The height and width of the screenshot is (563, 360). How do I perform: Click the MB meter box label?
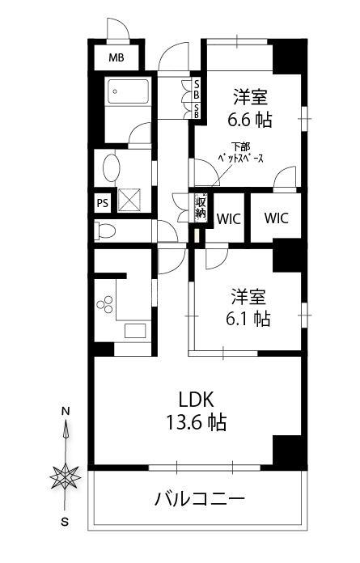pyautogui.click(x=116, y=57)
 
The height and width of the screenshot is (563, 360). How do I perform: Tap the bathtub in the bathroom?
pyautogui.click(x=128, y=91)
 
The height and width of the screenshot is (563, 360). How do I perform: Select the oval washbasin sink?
pyautogui.click(x=110, y=168)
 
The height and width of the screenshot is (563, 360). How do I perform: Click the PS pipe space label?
pyautogui.click(x=103, y=203)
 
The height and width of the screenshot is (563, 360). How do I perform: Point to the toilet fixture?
pyautogui.click(x=104, y=231)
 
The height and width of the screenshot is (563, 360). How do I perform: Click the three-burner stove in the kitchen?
pyautogui.click(x=105, y=304)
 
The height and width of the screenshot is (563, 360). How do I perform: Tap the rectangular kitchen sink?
pyautogui.click(x=135, y=331)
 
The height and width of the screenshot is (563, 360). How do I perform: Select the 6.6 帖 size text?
pyautogui.click(x=249, y=120)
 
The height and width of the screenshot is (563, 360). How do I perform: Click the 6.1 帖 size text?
pyautogui.click(x=248, y=319)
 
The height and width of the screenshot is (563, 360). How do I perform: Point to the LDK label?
pyautogui.click(x=197, y=400)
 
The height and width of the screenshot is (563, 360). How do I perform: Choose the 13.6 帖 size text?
pyautogui.click(x=196, y=422)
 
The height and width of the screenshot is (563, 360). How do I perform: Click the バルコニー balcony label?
pyautogui.click(x=200, y=499)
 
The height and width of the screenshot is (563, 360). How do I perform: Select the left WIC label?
pyautogui.click(x=228, y=218)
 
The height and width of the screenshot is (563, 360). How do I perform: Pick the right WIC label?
pyautogui.click(x=276, y=218)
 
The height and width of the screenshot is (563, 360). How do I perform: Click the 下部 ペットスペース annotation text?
pyautogui.click(x=241, y=153)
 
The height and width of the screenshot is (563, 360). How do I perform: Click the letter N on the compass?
pyautogui.click(x=65, y=412)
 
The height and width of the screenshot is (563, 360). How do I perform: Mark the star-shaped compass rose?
pyautogui.click(x=65, y=477)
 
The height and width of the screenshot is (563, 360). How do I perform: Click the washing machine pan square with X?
pyautogui.click(x=129, y=200)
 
